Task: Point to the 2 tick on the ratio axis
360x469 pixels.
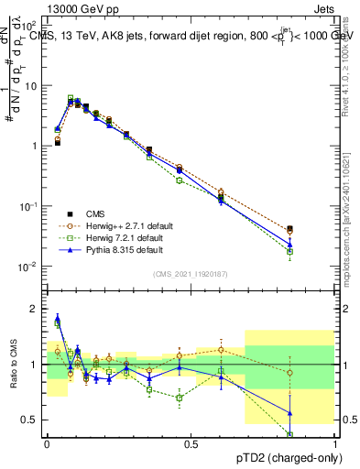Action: (35, 309)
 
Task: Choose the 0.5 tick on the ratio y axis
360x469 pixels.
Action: (31, 420)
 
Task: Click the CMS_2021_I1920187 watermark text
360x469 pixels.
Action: (191, 274)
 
